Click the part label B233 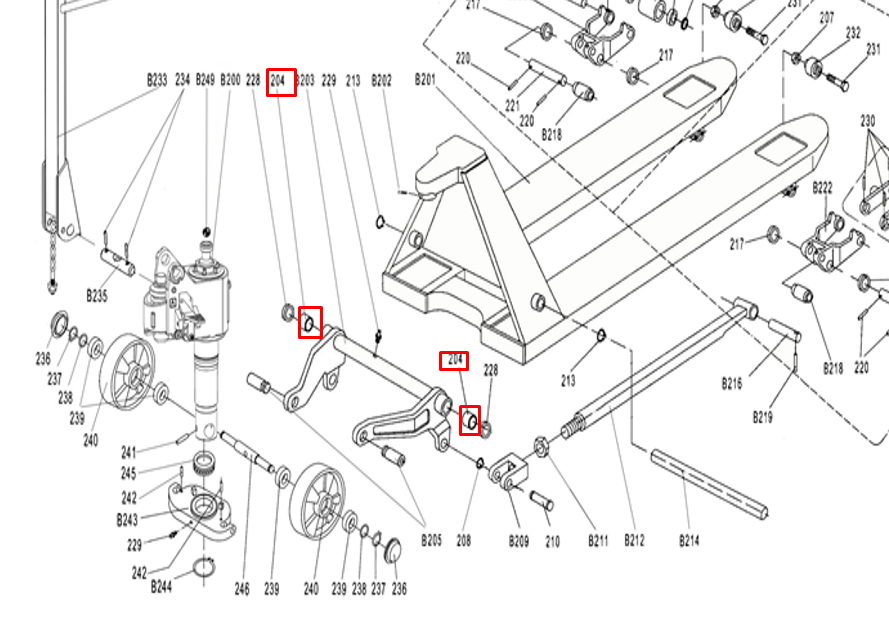(157, 79)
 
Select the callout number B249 (205, 79)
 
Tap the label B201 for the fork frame (425, 79)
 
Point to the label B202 (381, 79)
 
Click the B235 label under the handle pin (96, 297)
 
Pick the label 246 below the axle (242, 590)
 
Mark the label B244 (162, 587)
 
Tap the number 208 (464, 541)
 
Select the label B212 (634, 541)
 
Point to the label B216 (733, 382)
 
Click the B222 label (823, 187)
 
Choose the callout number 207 (826, 18)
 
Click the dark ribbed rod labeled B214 (710, 485)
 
